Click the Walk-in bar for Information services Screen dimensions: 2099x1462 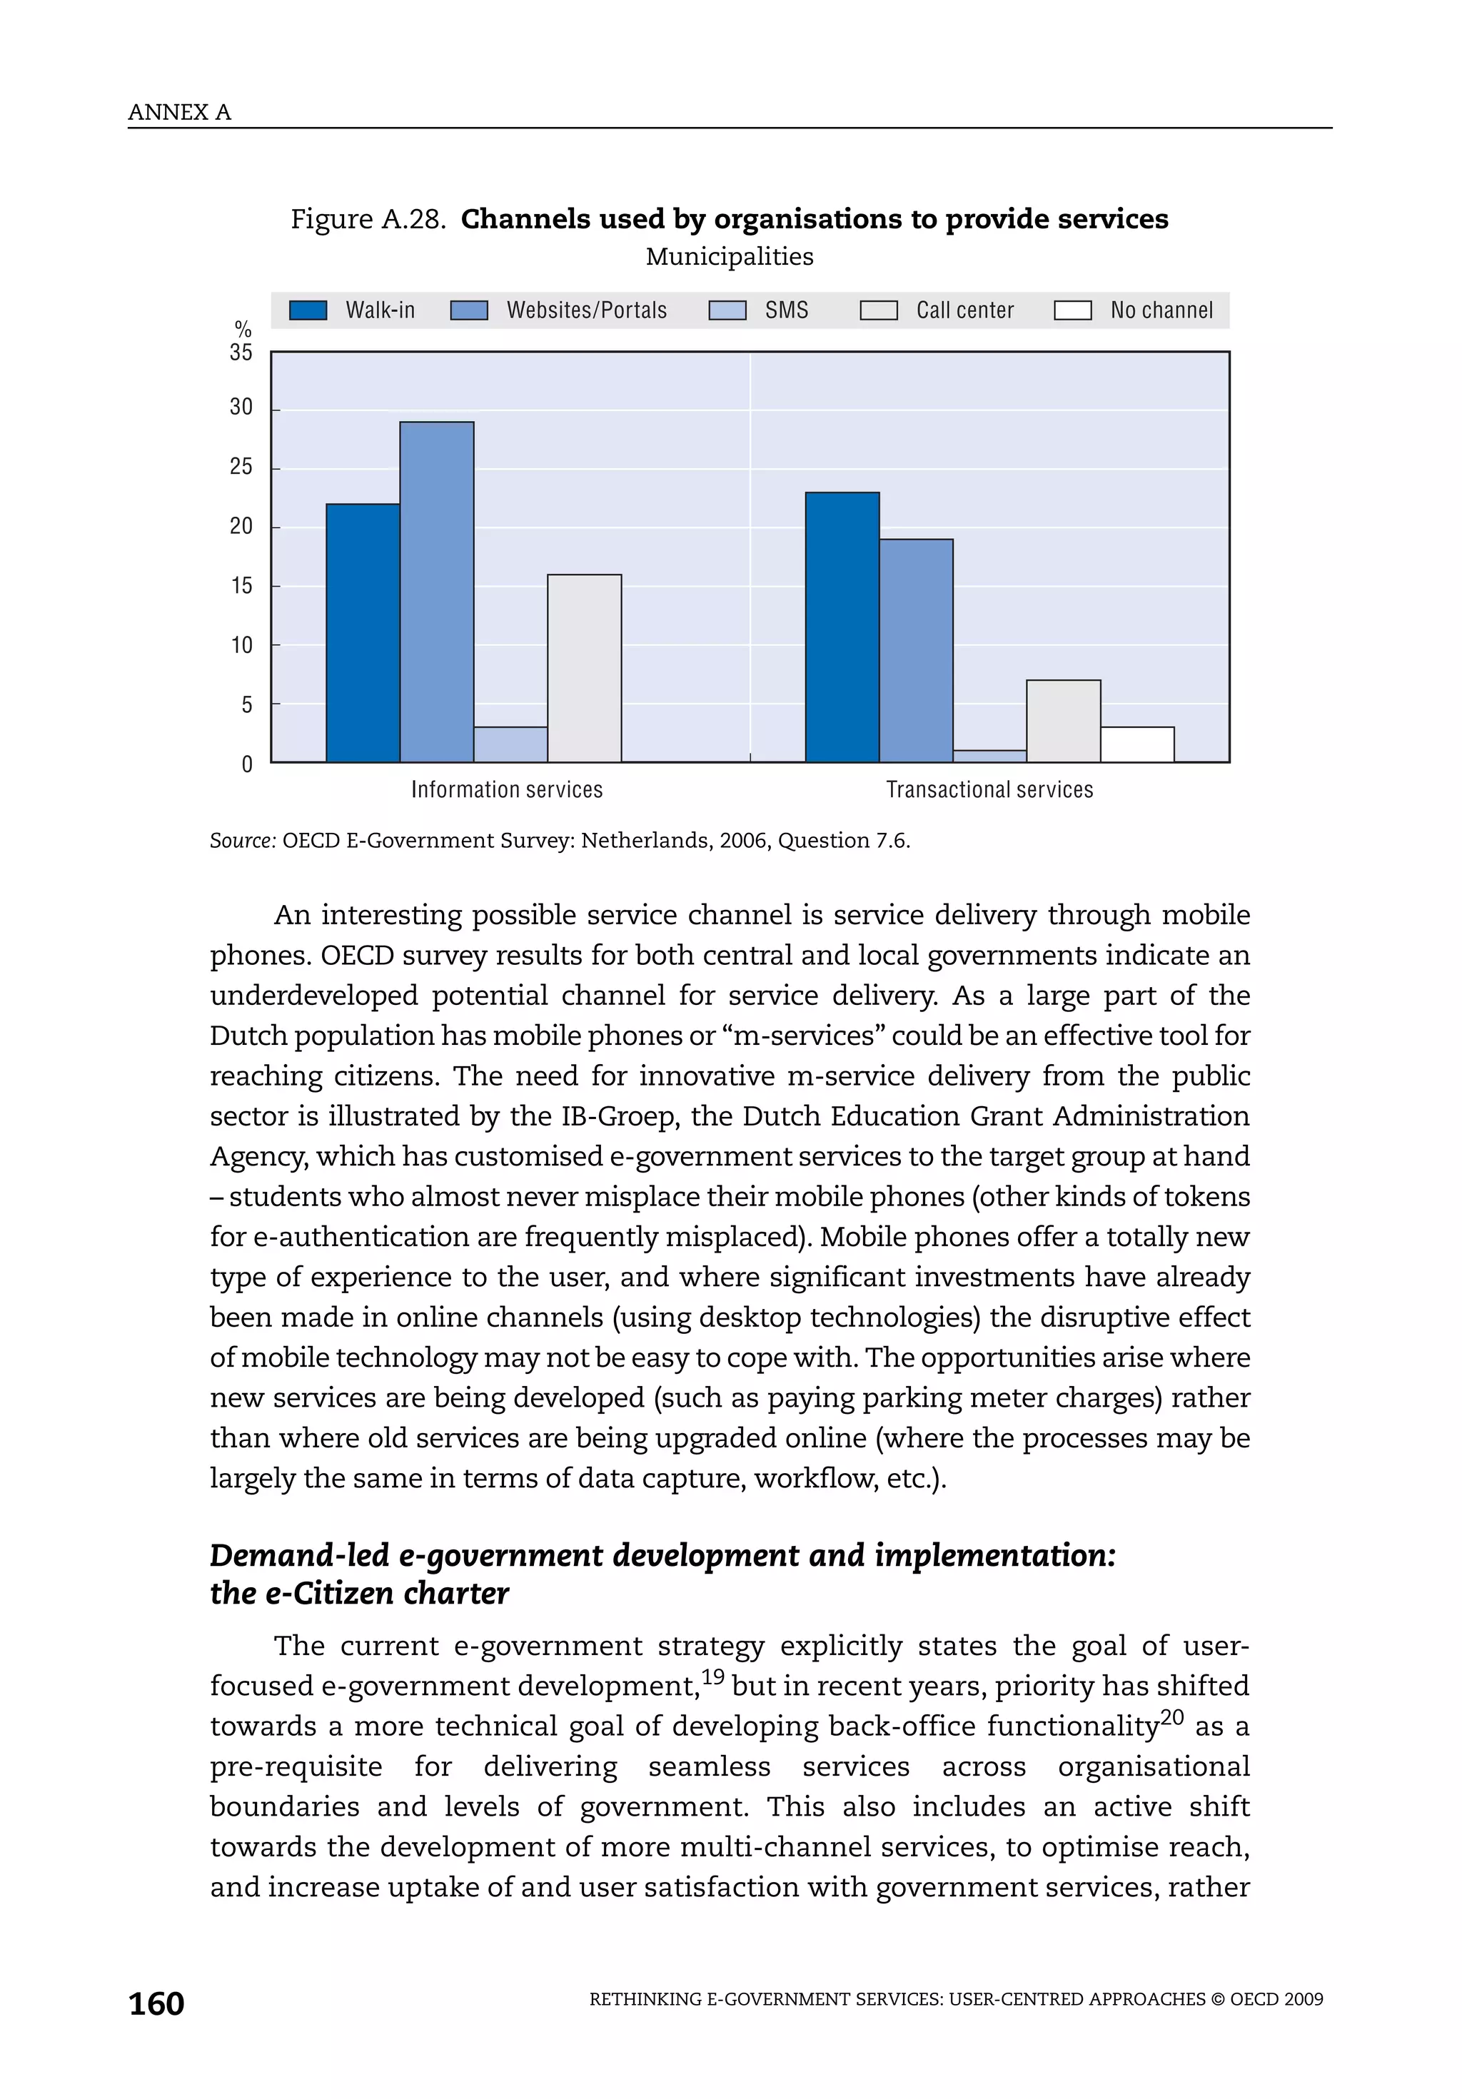tap(362, 632)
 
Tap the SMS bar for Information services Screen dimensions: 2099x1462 tap(510, 744)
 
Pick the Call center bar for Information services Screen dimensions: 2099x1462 tap(584, 667)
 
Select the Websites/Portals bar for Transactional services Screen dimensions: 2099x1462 tap(915, 650)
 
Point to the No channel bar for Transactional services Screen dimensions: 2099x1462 tap(1136, 744)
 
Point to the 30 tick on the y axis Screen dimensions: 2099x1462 tap(241, 408)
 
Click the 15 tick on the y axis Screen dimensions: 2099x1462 tap(241, 586)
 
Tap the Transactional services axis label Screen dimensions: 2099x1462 tap(989, 790)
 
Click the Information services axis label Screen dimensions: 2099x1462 tap(507, 790)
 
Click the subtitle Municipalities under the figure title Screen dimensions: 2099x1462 tap(729, 257)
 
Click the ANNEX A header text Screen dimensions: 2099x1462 tap(179, 113)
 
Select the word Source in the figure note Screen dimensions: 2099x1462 tap(241, 841)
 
